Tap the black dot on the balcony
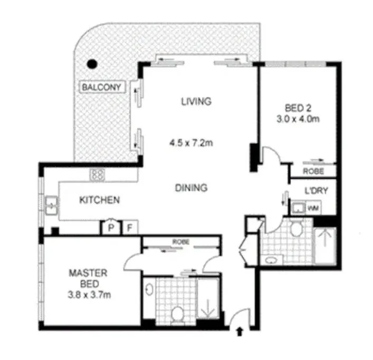click(x=92, y=64)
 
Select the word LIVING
click(x=195, y=101)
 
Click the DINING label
click(x=191, y=187)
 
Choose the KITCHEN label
click(x=99, y=200)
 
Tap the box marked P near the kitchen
click(x=111, y=228)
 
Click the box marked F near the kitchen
click(x=130, y=228)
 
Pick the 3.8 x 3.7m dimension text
click(x=89, y=295)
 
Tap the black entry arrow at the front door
click(x=240, y=332)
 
